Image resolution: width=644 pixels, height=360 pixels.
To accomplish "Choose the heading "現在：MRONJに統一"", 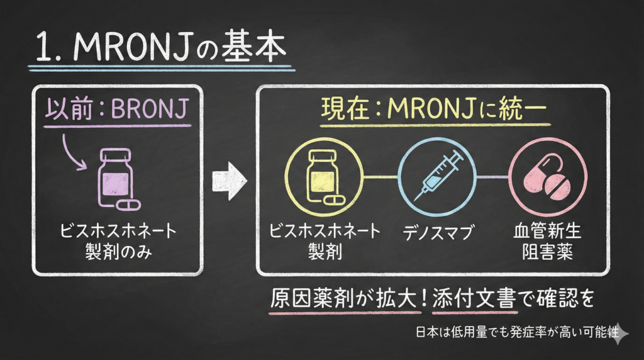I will (433, 109).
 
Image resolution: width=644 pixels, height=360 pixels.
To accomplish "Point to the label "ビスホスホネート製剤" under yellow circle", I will (325, 242).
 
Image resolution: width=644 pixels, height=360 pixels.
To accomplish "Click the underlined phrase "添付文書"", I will (474, 298).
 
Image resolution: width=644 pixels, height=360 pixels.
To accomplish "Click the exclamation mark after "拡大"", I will (426, 298).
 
